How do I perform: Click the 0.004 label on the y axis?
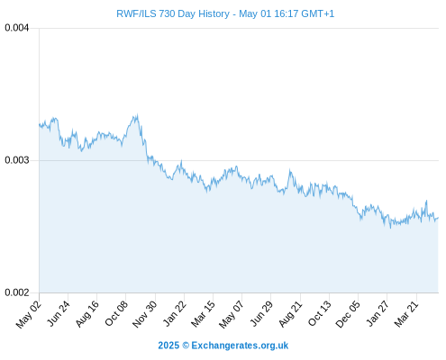(17, 28)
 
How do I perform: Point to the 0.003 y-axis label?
(17, 160)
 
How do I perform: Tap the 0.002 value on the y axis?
(17, 292)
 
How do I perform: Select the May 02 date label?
(28, 314)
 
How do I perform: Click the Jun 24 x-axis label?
(59, 313)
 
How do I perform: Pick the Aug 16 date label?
(86, 314)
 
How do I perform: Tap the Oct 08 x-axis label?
(116, 313)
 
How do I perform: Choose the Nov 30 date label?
(144, 314)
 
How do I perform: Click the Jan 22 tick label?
(174, 313)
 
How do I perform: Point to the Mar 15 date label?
(203, 314)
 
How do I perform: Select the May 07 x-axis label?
(231, 314)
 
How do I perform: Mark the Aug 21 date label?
(290, 314)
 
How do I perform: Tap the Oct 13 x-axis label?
(320, 313)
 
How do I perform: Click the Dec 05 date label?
(348, 314)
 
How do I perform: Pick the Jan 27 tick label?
(378, 313)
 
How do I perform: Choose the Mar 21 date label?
(406, 314)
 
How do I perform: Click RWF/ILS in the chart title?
(136, 13)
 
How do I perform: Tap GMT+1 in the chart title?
(317, 13)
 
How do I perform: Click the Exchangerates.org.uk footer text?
(240, 346)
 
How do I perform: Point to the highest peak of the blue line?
(137, 114)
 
